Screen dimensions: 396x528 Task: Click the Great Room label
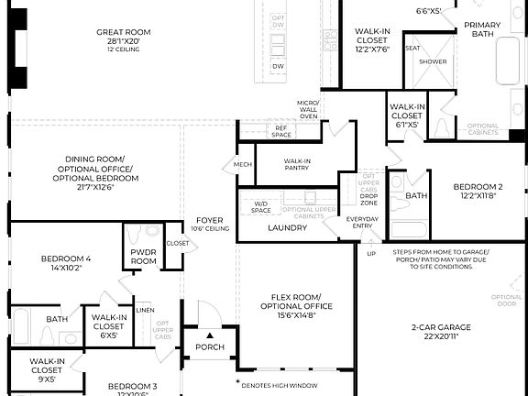coord(124,32)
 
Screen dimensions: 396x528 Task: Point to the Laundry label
coord(287,227)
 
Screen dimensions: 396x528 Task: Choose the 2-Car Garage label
coord(440,327)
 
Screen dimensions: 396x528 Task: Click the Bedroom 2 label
coord(477,187)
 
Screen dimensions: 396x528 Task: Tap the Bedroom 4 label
coord(66,259)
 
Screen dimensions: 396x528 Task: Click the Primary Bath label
coord(482,29)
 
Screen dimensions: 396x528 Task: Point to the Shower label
coord(433,61)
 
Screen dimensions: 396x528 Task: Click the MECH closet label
coord(242,165)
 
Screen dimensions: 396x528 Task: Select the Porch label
coord(209,347)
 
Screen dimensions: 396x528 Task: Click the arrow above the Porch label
coord(209,335)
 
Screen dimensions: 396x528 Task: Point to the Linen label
coord(145,311)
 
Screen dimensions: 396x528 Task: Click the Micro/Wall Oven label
coord(307,109)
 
